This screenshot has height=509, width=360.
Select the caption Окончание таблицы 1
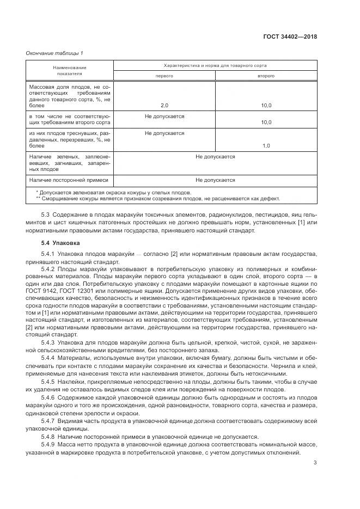[x=54, y=53]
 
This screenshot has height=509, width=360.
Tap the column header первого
[x=164, y=76]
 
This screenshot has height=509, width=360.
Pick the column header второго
[x=266, y=76]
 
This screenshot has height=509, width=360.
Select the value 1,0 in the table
[x=266, y=146]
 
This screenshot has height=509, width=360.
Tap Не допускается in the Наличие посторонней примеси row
[x=215, y=180]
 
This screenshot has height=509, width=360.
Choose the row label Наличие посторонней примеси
[x=69, y=180]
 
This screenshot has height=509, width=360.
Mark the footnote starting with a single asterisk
[x=113, y=192]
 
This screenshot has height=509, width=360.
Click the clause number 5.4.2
[x=49, y=269]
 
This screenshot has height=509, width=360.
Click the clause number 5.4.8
[x=49, y=437]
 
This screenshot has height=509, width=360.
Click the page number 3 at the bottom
[x=315, y=463]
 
